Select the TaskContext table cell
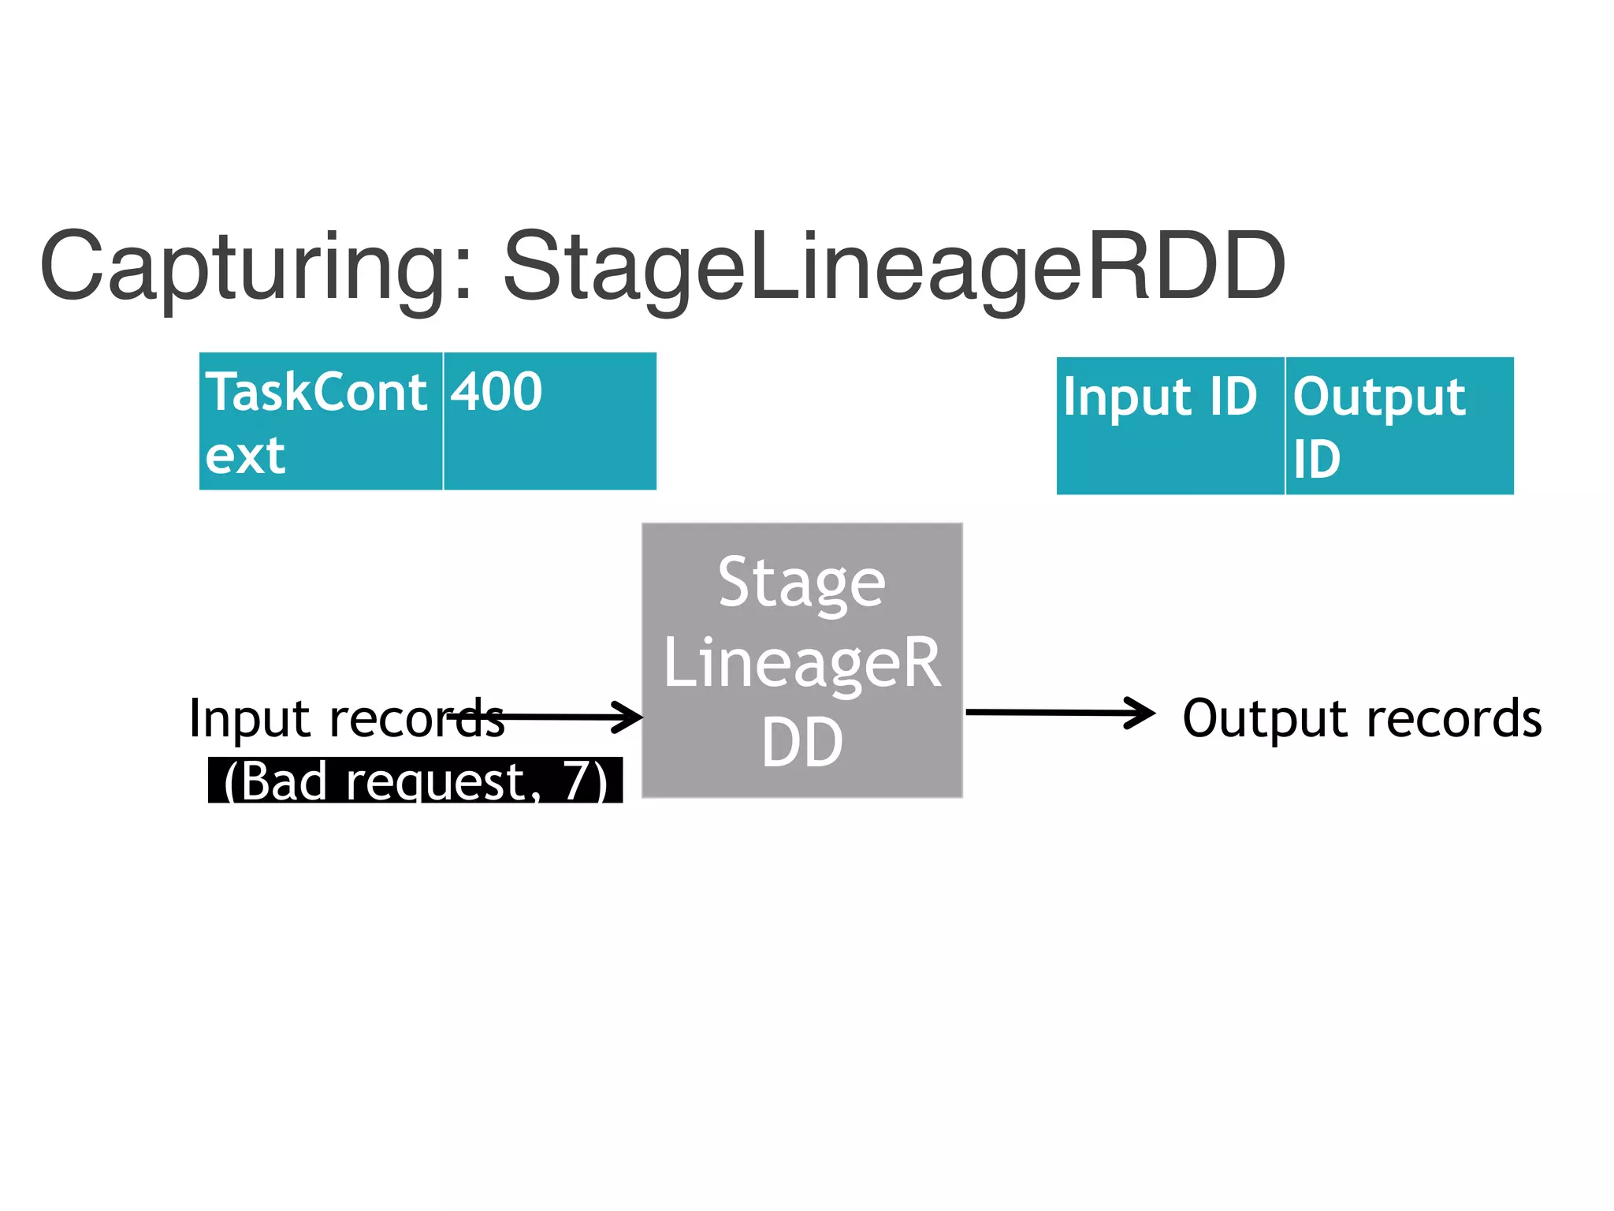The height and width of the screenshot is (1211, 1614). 321,422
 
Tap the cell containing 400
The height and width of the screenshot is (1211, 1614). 549,422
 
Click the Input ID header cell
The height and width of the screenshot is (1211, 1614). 1170,426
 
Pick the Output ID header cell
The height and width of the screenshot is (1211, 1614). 1399,426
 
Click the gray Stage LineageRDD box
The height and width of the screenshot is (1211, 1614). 802,661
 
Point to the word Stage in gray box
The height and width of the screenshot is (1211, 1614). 802,583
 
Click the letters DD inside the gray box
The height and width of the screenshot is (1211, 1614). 802,743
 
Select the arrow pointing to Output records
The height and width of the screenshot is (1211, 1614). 1060,713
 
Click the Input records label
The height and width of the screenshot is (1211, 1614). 347,719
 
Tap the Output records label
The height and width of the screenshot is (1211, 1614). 1362,719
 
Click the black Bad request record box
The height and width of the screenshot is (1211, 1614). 415,781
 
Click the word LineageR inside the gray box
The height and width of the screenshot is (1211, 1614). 802,664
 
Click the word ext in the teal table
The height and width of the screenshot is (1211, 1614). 245,456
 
